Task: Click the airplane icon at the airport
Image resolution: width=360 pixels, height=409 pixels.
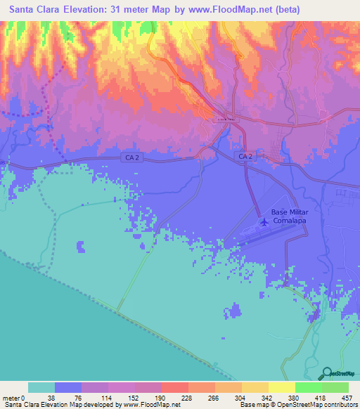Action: point(264,223)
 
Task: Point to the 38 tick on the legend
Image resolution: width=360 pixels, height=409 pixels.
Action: point(55,397)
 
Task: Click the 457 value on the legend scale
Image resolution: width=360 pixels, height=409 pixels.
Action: point(347,397)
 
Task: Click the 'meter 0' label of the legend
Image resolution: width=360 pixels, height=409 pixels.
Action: point(13,397)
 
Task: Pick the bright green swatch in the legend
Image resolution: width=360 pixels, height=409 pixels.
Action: point(308,387)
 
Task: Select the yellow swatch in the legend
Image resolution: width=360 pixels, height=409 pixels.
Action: point(281,387)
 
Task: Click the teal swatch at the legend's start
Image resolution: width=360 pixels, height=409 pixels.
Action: point(41,387)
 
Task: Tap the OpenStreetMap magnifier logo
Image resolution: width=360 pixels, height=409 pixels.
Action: point(327,372)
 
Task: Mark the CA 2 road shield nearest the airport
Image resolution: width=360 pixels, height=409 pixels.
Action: point(245,155)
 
